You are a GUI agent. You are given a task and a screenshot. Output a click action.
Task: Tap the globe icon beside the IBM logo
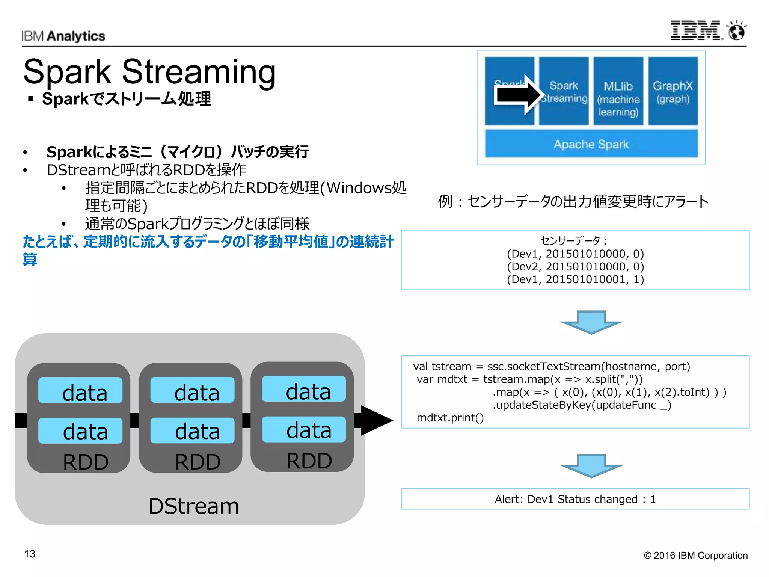(737, 30)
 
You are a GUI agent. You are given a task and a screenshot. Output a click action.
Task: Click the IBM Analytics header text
(63, 36)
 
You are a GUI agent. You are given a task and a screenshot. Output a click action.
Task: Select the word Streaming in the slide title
(199, 72)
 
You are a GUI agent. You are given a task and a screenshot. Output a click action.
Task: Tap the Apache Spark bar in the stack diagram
(591, 144)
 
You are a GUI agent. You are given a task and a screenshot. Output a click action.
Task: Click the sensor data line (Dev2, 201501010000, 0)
(575, 267)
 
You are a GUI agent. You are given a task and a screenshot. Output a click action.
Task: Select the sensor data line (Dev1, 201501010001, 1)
(575, 279)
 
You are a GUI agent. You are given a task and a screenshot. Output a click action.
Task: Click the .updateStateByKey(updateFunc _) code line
(582, 405)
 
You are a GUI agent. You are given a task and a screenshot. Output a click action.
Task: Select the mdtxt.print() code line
(450, 418)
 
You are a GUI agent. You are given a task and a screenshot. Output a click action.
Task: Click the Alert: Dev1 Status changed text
(575, 499)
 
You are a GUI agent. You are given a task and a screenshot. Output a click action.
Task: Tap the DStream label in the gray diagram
(193, 506)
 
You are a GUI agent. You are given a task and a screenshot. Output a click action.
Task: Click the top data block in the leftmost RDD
(80, 391)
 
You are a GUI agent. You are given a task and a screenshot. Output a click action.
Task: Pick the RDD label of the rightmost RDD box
(309, 461)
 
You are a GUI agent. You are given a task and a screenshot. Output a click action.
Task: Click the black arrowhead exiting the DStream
(375, 420)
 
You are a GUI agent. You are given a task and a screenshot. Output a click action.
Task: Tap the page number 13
(30, 554)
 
